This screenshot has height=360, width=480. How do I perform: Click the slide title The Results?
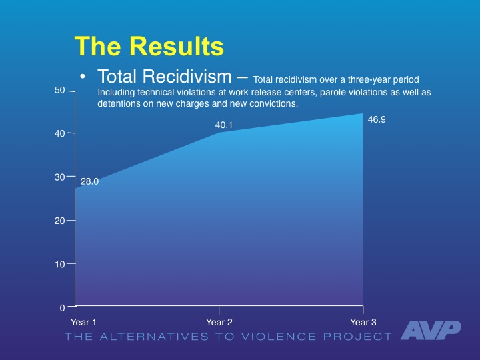tap(149, 46)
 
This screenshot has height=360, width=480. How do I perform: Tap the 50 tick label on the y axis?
tap(60, 90)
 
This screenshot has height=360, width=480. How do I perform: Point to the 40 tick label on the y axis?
tap(60, 133)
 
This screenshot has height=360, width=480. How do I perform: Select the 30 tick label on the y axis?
tap(60, 177)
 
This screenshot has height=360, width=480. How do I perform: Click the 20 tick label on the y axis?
tap(60, 221)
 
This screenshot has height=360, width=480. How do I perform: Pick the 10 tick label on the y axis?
tap(60, 264)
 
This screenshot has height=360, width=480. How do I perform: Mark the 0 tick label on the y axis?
tap(62, 308)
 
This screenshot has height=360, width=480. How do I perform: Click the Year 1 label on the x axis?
tap(83, 322)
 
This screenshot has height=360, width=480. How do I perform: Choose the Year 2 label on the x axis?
tap(219, 322)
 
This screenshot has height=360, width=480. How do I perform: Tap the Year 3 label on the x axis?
tap(363, 322)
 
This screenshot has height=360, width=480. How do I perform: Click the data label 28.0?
tap(90, 181)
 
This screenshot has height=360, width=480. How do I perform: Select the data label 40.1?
tap(223, 124)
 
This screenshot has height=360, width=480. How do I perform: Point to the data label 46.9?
tap(377, 119)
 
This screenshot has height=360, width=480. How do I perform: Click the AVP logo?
tap(431, 329)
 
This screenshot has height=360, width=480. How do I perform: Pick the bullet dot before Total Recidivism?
tap(82, 78)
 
